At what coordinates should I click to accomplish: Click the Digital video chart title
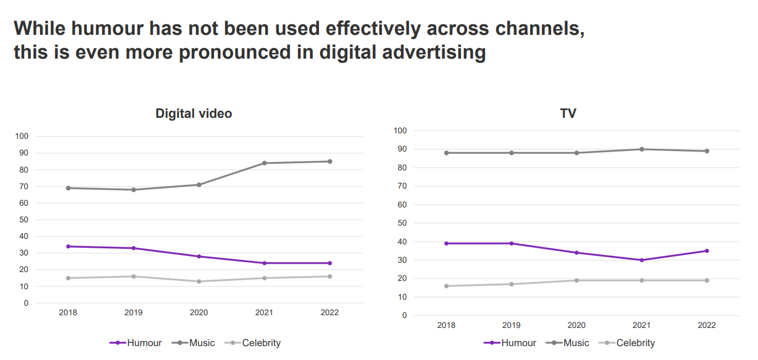(x=194, y=114)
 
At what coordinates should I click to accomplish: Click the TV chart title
(x=568, y=113)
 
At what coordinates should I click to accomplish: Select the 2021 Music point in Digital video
(x=264, y=163)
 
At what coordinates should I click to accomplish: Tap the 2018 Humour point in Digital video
(x=68, y=247)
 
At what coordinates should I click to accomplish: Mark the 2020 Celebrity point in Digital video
(x=199, y=281)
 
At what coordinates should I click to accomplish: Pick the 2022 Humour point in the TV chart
(x=707, y=251)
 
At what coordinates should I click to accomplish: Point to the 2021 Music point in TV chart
(x=642, y=149)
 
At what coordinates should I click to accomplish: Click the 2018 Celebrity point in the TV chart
(x=446, y=286)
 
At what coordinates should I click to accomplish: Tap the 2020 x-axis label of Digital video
(x=199, y=312)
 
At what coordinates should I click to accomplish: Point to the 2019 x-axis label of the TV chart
(x=511, y=325)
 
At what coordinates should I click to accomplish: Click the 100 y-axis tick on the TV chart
(x=400, y=131)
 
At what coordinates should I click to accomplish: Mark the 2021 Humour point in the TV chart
(x=642, y=260)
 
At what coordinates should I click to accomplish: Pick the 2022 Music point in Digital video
(x=330, y=161)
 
